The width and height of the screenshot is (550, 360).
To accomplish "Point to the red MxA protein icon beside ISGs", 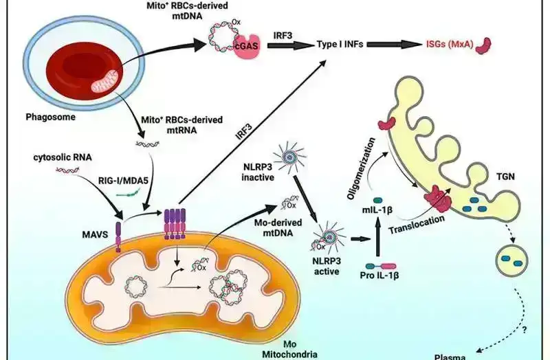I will click(x=485, y=45).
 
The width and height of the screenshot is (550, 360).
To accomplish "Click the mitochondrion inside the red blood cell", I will click(x=107, y=85).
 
